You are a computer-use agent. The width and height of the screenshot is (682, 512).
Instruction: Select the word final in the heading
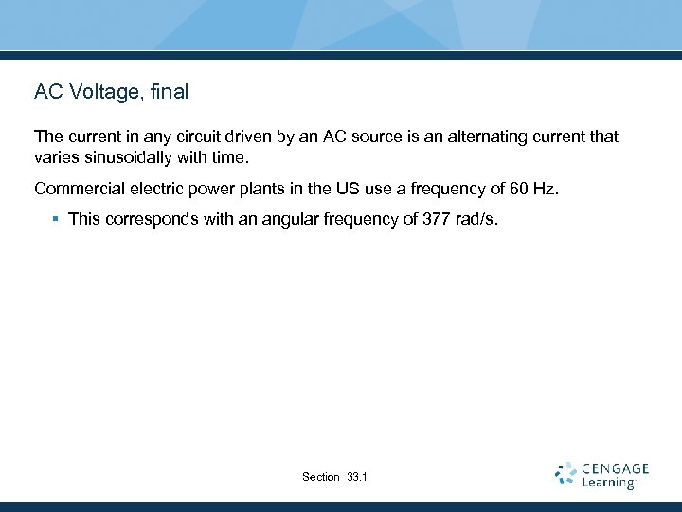(x=169, y=92)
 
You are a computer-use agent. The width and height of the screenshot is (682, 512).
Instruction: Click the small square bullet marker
(x=56, y=219)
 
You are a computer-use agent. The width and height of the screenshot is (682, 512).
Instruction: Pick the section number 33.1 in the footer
(x=358, y=477)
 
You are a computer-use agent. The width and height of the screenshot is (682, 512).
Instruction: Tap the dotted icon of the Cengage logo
(x=565, y=474)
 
